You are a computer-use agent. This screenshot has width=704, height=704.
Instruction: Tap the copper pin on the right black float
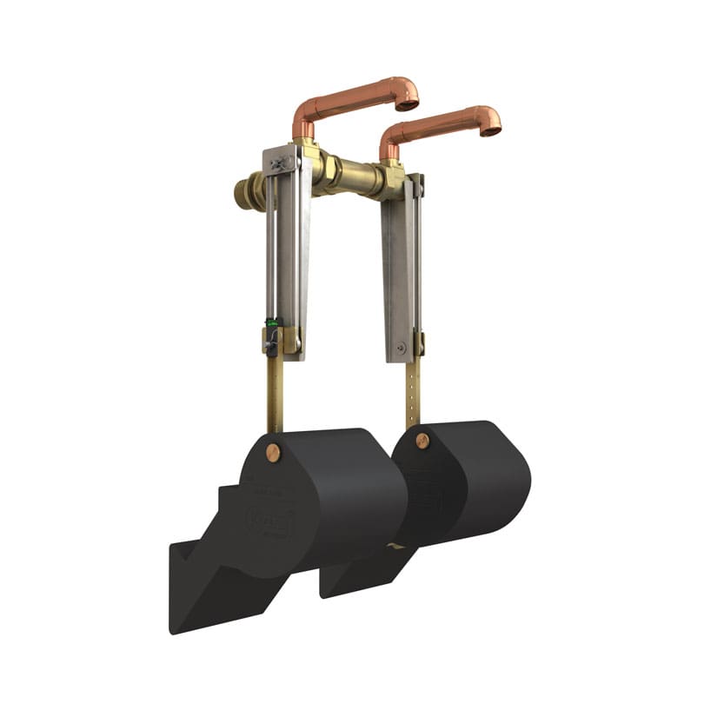click(x=422, y=441)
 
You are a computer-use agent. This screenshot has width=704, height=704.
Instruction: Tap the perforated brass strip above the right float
click(x=413, y=391)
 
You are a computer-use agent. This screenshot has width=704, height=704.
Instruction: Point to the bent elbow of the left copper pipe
click(x=304, y=113)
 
